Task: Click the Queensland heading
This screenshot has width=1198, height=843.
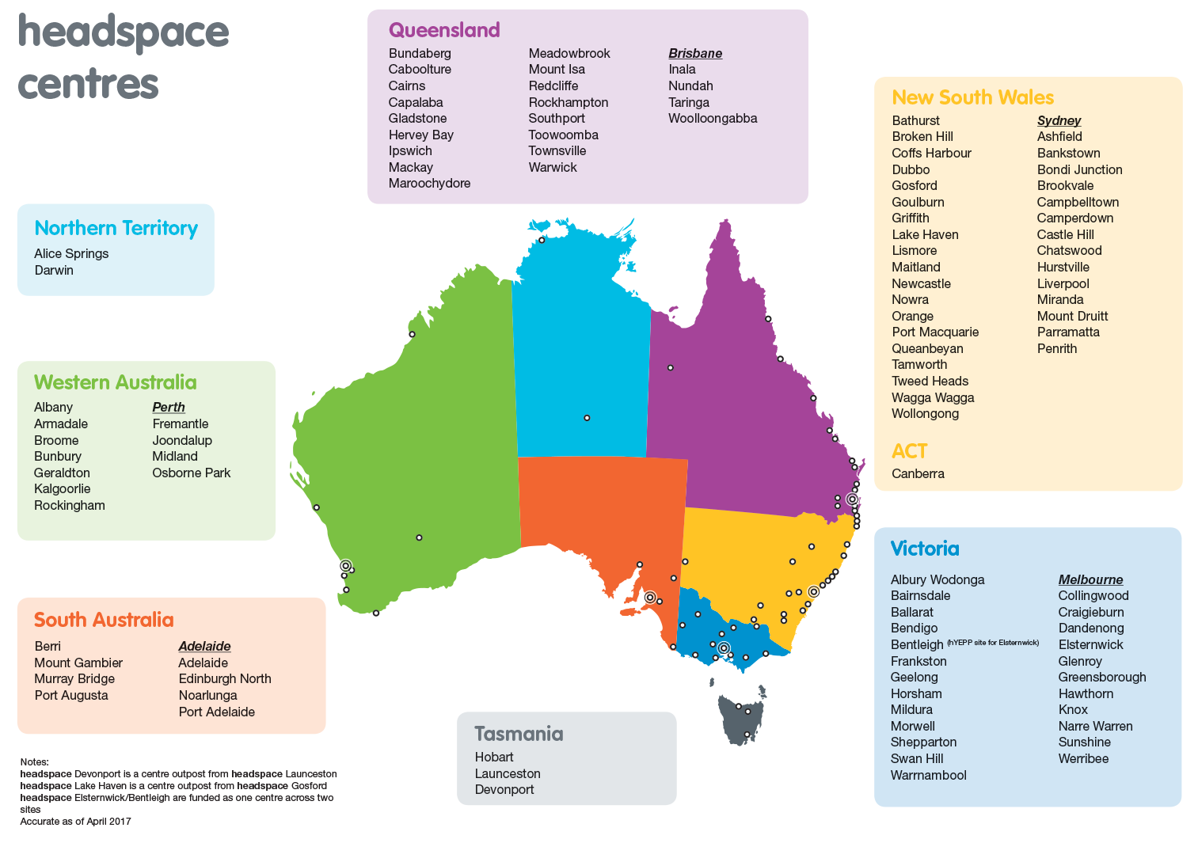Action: click(x=444, y=30)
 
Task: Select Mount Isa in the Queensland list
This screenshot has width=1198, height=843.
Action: click(x=557, y=70)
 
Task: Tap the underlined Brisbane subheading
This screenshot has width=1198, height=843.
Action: click(x=695, y=53)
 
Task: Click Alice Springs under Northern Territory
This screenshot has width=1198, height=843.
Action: click(x=71, y=254)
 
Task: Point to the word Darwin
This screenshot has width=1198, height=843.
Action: click(x=54, y=271)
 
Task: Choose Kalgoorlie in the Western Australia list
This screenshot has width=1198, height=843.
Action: click(x=62, y=489)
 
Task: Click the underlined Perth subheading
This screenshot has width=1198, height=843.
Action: click(x=169, y=407)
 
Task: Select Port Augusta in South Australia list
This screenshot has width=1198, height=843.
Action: click(x=71, y=696)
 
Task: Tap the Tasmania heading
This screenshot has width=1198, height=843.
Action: click(x=519, y=734)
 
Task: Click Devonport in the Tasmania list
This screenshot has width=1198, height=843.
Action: click(x=504, y=790)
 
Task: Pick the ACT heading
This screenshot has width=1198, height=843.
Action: click(x=909, y=451)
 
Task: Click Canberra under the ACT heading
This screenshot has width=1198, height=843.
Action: click(x=918, y=474)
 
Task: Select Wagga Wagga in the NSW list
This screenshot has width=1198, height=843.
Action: click(x=933, y=398)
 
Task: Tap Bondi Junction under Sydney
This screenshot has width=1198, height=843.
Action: click(x=1079, y=170)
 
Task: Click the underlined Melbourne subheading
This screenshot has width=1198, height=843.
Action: click(x=1090, y=579)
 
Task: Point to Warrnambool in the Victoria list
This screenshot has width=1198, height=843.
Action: click(x=928, y=776)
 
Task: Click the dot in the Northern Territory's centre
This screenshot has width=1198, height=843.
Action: click(x=587, y=418)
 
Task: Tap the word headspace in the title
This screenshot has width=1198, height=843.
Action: click(x=124, y=33)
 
